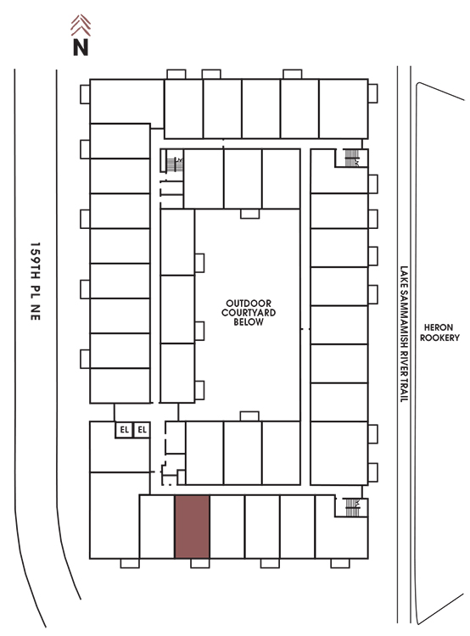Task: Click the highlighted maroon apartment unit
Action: click(x=192, y=527)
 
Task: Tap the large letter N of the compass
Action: click(x=81, y=47)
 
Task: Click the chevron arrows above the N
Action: click(x=81, y=25)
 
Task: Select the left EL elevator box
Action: click(x=124, y=430)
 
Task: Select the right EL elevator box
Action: click(x=142, y=430)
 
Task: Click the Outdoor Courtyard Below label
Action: click(x=249, y=312)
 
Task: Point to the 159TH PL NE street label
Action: click(x=36, y=281)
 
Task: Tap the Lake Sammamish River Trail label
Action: click(x=404, y=334)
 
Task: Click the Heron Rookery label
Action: click(x=439, y=332)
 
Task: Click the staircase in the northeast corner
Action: click(x=351, y=158)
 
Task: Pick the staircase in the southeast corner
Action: click(x=352, y=507)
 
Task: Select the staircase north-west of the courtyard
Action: click(x=175, y=165)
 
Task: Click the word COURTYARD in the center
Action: click(x=249, y=312)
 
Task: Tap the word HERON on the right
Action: click(x=439, y=327)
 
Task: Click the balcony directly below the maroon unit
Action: click(x=200, y=563)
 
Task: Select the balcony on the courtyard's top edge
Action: click(x=249, y=214)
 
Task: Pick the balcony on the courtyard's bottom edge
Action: click(x=249, y=416)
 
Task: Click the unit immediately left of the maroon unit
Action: click(x=157, y=527)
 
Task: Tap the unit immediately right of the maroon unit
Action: click(x=227, y=527)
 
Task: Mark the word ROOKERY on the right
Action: click(x=439, y=338)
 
